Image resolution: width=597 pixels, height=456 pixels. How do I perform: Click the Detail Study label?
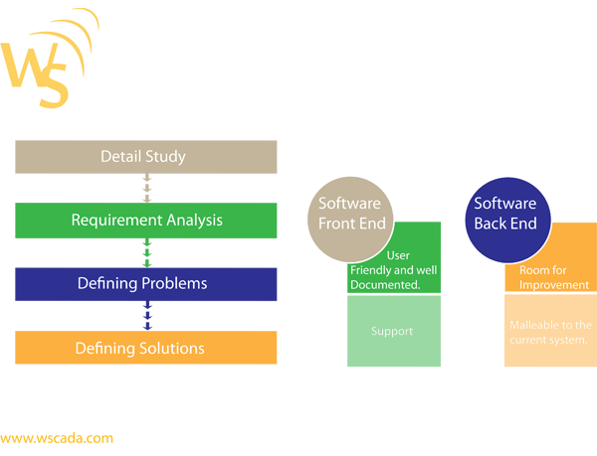pyautogui.click(x=143, y=157)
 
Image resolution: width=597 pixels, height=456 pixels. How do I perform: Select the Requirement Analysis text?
pyautogui.click(x=146, y=220)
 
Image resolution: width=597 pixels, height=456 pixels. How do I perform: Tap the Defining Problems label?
pyautogui.click(x=142, y=283)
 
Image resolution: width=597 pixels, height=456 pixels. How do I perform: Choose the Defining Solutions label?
pyautogui.click(x=140, y=349)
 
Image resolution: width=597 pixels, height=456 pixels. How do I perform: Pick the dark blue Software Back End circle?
pyautogui.click(x=504, y=213)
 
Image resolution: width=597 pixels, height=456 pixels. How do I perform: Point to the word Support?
pyautogui.click(x=392, y=331)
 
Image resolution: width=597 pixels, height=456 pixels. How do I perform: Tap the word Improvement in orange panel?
pyautogui.click(x=553, y=285)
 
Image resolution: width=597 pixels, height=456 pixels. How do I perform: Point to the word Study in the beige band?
pyautogui.click(x=166, y=157)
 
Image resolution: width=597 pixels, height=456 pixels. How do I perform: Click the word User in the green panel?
pyautogui.click(x=397, y=255)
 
